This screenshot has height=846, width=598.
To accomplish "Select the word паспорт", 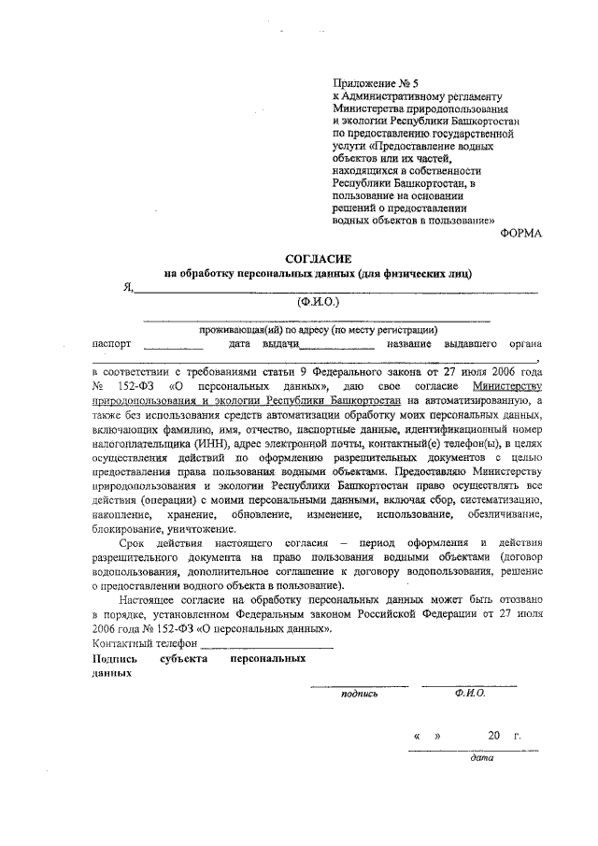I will [x=112, y=344].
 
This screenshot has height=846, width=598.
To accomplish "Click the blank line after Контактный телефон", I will [x=267, y=646].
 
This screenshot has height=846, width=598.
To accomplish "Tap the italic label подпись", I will [x=360, y=694].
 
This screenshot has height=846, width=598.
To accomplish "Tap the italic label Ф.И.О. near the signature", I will [x=469, y=693].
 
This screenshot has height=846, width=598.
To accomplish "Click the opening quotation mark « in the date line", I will [x=417, y=737].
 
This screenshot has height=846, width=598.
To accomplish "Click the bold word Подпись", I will [x=115, y=658].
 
